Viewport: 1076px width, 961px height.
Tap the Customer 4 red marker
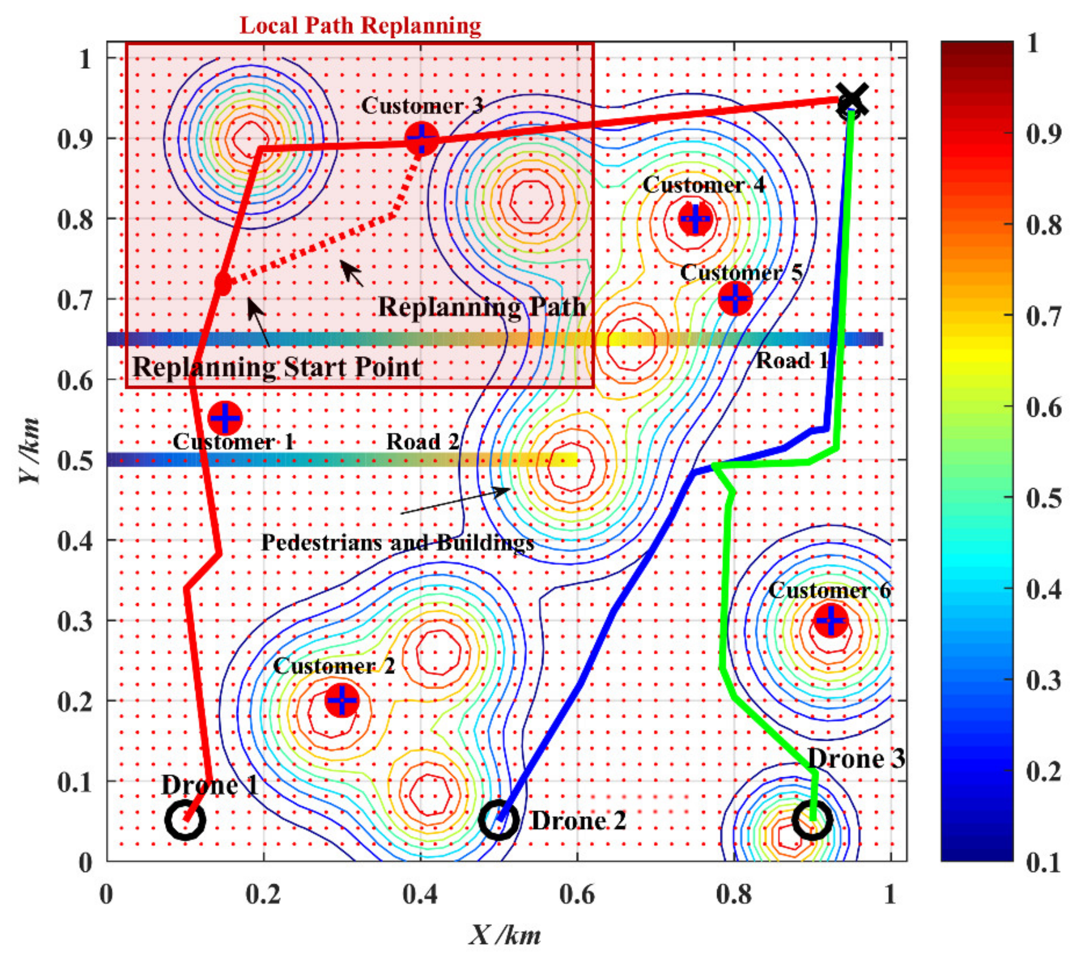pos(695,218)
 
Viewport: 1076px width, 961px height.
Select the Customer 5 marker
pos(735,298)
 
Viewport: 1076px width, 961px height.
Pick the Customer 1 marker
pos(225,417)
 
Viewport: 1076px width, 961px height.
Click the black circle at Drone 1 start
pos(185,820)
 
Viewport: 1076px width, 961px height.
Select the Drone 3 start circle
pos(813,820)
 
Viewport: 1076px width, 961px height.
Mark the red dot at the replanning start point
pos(223,284)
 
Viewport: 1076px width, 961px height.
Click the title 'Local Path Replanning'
pos(361,25)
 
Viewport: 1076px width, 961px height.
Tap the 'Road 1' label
pos(792,361)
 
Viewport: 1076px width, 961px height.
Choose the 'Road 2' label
pos(423,441)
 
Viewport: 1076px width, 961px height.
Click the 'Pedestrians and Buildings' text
pos(398,542)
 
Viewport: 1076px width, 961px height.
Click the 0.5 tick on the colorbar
pos(1043,498)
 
